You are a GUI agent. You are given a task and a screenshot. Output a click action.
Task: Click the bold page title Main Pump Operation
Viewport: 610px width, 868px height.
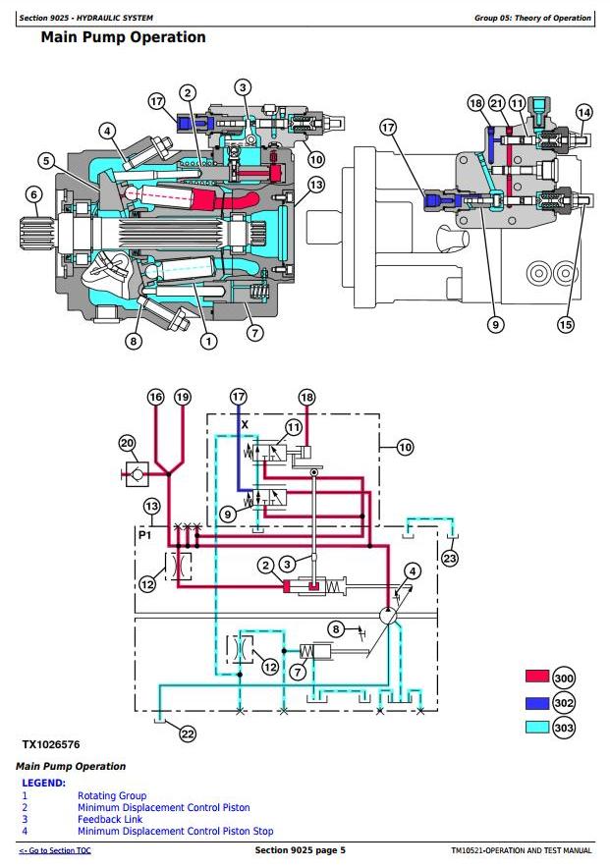(x=123, y=37)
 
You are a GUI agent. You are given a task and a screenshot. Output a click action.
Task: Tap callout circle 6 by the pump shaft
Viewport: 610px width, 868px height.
(x=33, y=194)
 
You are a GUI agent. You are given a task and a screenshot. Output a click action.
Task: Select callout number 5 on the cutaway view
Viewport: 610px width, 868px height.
(x=45, y=161)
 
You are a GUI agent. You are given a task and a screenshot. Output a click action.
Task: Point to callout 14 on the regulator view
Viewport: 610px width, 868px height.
(x=583, y=112)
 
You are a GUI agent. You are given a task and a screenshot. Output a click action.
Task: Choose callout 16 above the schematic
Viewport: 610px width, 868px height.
(x=155, y=397)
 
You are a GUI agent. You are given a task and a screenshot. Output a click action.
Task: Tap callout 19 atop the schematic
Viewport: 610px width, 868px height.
(x=183, y=397)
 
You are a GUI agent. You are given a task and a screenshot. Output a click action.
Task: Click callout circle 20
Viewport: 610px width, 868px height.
(x=127, y=443)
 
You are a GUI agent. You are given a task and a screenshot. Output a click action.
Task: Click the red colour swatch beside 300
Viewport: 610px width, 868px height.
(x=536, y=678)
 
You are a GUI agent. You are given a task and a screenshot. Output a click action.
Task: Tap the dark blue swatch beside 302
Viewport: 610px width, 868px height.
(x=536, y=703)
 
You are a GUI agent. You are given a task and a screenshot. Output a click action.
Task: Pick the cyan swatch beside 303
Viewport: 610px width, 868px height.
(x=536, y=728)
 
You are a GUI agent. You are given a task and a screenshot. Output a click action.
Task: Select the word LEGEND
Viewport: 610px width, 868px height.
(x=43, y=783)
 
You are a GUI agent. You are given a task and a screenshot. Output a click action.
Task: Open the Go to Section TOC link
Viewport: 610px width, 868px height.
(x=55, y=850)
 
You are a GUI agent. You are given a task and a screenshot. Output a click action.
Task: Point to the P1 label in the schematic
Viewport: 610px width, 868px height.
(x=144, y=537)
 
